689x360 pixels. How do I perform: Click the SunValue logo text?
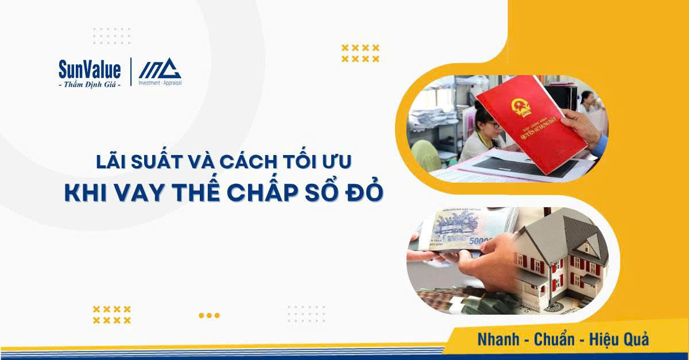(x=90, y=70)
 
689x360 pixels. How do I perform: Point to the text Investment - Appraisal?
(x=160, y=83)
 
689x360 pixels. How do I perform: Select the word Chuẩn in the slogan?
(x=555, y=339)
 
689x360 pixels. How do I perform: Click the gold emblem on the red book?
(x=521, y=107)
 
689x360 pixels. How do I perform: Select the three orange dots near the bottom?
(x=209, y=315)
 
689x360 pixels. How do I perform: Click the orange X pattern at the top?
(x=360, y=53)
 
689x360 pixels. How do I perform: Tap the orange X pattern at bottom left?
(x=112, y=315)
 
